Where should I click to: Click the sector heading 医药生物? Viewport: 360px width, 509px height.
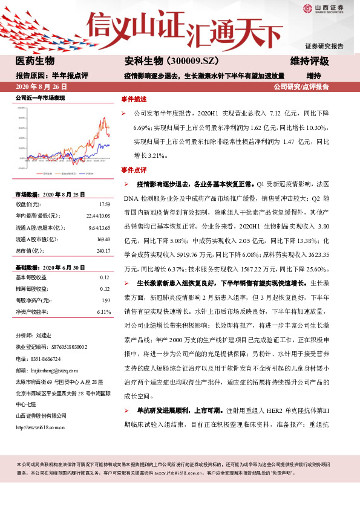[34, 61]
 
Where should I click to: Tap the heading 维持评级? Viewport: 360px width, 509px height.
[309, 61]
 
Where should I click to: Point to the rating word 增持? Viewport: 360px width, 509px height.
[313, 76]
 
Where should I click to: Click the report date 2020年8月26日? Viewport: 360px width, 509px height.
[41, 87]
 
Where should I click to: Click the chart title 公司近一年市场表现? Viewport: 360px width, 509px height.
[39, 98]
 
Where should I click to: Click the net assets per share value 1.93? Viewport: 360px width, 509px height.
[105, 300]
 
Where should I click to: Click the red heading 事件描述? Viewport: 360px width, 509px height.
[133, 98]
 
